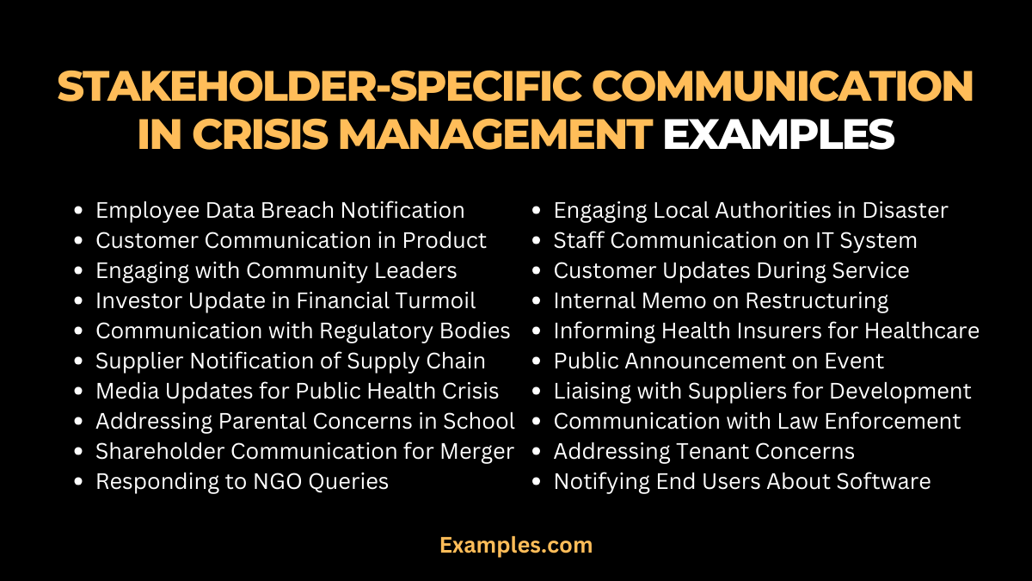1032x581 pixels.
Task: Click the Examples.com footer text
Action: (516, 545)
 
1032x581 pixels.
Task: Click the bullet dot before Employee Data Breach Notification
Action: (79, 211)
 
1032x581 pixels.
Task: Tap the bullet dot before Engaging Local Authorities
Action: (537, 211)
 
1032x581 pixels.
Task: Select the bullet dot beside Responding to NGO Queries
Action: (79, 482)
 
